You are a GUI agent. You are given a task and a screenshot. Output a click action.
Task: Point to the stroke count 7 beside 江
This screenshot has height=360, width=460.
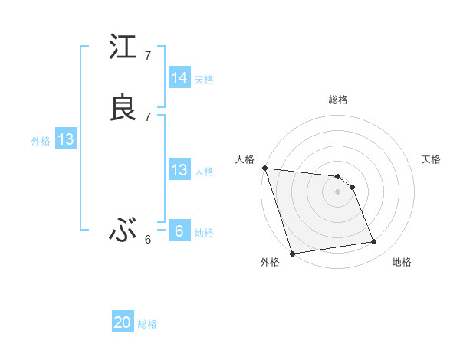pos(148,56)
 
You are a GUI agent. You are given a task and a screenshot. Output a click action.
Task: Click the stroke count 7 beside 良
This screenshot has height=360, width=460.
pos(148,116)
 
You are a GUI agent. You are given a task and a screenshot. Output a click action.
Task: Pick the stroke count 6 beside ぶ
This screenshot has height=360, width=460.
pos(148,239)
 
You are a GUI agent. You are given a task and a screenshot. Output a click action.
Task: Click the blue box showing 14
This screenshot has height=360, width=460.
pos(179,78)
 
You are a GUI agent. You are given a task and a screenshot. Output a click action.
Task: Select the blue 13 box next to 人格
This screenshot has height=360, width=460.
pos(179,170)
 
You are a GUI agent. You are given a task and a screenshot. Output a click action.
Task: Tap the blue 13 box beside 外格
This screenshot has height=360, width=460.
pos(65,140)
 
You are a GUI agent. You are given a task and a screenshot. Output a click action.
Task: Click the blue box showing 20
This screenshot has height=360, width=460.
pos(123,322)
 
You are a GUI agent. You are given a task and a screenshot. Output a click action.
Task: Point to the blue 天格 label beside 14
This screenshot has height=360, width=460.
pos(204,80)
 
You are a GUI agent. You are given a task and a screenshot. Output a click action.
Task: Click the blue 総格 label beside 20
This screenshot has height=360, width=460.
pos(147,324)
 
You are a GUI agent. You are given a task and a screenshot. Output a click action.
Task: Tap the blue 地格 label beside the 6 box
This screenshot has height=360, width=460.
pos(204,233)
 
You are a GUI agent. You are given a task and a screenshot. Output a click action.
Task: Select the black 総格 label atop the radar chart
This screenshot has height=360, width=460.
pos(337,100)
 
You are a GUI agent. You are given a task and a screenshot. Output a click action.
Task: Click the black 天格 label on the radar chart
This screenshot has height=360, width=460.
pos(431,159)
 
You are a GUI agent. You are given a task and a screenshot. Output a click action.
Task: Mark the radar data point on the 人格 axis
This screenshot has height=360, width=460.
pos(264,169)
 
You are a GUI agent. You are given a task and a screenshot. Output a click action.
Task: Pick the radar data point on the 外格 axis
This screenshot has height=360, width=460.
pos(292,253)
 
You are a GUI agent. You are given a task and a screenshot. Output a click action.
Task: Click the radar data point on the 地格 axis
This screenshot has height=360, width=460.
pos(374,242)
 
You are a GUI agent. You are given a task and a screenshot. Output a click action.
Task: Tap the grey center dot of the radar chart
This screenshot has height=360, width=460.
pos(337,192)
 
